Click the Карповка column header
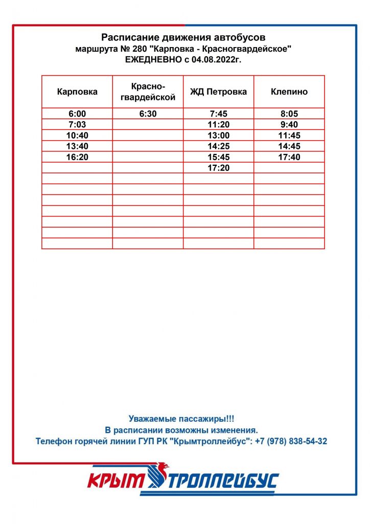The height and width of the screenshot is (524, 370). point(77,92)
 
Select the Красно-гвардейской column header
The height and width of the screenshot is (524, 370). point(148,92)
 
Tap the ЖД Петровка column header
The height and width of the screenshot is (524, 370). point(218,92)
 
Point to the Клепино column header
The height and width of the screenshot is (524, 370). point(289,92)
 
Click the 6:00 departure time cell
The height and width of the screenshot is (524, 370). point(77,114)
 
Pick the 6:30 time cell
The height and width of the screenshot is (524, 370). point(148,114)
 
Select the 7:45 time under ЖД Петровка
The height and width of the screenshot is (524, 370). point(218,114)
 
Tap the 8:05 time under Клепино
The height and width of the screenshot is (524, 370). point(289,114)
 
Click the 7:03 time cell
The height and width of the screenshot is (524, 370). point(77,125)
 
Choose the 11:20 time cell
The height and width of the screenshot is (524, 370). point(218,125)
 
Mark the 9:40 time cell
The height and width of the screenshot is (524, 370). point(289,125)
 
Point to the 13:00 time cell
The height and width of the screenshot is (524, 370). point(218,136)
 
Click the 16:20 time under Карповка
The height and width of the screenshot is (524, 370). point(77,157)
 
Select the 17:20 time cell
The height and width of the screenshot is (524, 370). point(218,168)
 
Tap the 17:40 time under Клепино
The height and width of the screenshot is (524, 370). point(289,157)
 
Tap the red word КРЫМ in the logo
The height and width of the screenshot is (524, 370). point(117,481)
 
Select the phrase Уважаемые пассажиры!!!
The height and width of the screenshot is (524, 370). point(181,419)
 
